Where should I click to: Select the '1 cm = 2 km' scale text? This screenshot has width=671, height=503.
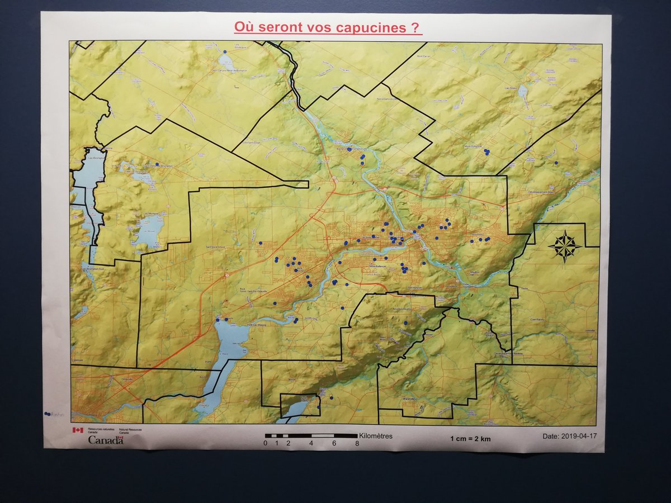[x=470, y=439]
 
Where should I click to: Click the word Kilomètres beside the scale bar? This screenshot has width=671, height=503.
[x=376, y=436]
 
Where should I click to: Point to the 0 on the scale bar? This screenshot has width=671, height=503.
[x=266, y=443]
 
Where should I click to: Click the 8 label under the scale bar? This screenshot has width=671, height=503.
[x=357, y=443]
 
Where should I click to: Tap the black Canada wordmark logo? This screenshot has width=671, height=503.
[x=106, y=440]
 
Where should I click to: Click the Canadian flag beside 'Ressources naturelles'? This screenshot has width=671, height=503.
[x=77, y=430]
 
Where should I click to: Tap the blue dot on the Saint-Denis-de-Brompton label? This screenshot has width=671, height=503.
[x=157, y=164]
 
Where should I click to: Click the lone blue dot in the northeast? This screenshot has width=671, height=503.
[x=556, y=163]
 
